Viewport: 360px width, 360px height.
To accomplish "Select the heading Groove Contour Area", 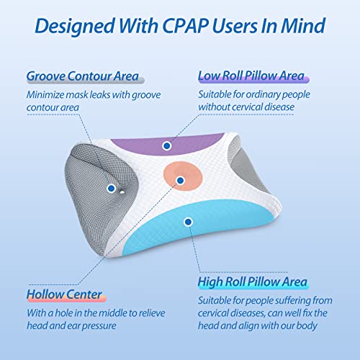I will point(83,76).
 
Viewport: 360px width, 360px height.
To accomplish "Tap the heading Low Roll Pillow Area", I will point(251,76).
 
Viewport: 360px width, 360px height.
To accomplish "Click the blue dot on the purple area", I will point(167,145).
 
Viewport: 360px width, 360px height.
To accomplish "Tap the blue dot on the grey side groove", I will point(110,189).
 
